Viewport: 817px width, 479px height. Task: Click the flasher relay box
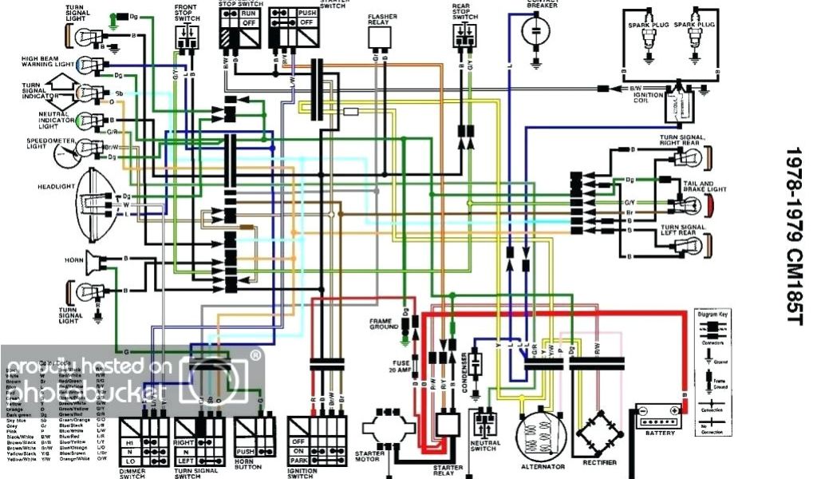[x=378, y=38]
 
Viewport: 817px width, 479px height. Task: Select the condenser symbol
[x=476, y=366]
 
